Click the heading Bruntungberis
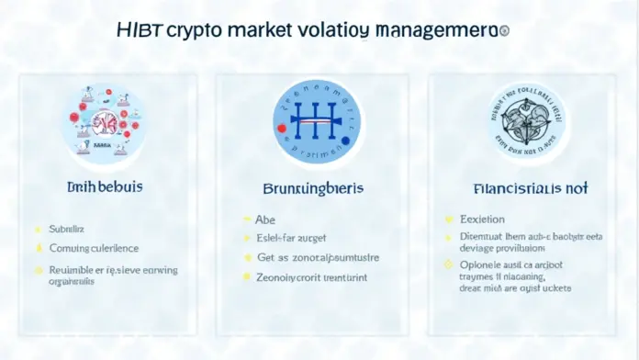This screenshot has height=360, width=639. pyautogui.click(x=314, y=188)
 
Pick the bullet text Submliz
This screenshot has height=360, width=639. pyautogui.click(x=67, y=228)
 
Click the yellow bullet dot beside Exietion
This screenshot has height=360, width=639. pyautogui.click(x=450, y=220)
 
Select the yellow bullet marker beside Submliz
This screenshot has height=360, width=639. pyautogui.click(x=38, y=228)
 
